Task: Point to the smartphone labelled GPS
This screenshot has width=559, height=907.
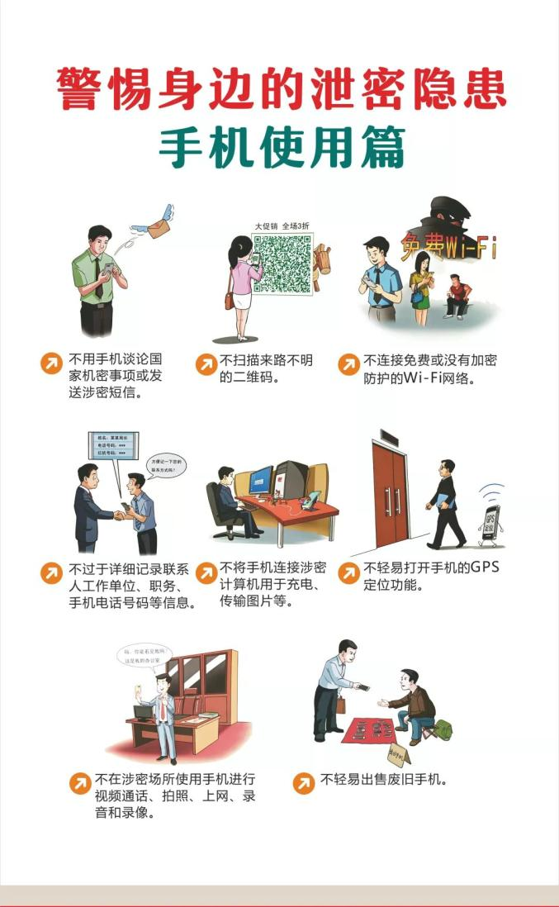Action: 492,525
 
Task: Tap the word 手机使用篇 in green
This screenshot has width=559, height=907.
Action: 282,146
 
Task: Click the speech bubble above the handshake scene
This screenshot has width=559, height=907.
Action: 165,464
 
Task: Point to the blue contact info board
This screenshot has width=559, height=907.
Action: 112,445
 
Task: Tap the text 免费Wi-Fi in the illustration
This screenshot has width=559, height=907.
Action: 448,247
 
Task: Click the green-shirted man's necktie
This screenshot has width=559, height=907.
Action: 98,277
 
